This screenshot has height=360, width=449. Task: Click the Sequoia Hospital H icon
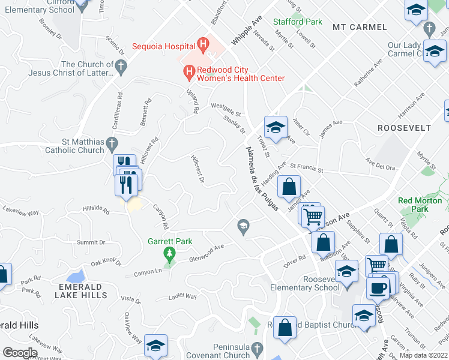[x=203, y=44]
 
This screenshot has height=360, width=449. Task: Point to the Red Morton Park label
[x=420, y=205]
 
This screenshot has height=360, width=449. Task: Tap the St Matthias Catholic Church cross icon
[x=111, y=143]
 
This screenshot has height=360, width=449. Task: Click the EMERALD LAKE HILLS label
[x=82, y=291]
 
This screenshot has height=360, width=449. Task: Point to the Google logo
[x=20, y=352]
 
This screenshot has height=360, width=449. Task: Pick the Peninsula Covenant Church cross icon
[x=257, y=348]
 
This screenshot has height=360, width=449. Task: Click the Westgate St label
[x=226, y=109]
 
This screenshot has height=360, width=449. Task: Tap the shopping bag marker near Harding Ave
[x=289, y=186]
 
